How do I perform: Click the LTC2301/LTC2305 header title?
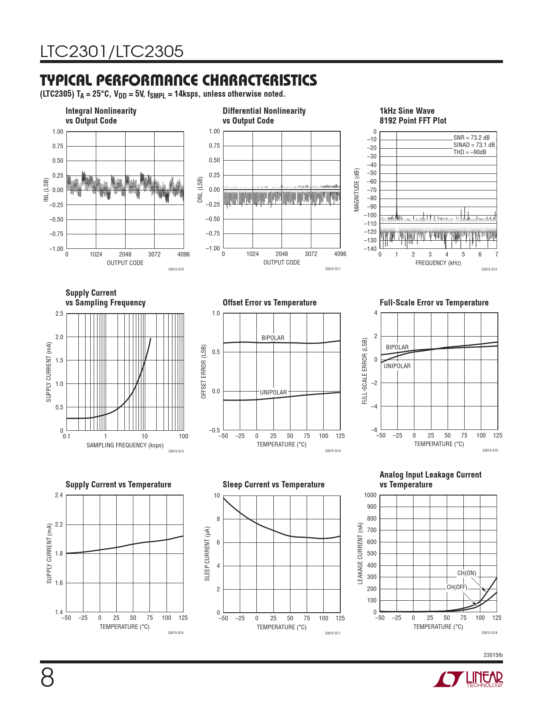112,52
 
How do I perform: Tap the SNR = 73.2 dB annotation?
471,138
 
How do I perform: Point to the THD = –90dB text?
469,152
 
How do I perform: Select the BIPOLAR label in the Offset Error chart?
273,338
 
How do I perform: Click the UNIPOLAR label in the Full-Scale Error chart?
397,366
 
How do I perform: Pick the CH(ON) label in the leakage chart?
467,573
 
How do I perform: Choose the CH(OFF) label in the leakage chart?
457,587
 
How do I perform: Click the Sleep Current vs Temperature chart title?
273,484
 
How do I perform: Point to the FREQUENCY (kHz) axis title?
438,263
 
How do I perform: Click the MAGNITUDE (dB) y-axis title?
357,190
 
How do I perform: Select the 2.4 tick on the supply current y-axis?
59,495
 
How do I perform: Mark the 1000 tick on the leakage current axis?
371,495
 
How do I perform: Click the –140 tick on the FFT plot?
371,249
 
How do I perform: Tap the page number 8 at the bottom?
47,678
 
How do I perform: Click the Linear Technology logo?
468,679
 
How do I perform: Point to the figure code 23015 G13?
176,451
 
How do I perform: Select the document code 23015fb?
493,655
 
